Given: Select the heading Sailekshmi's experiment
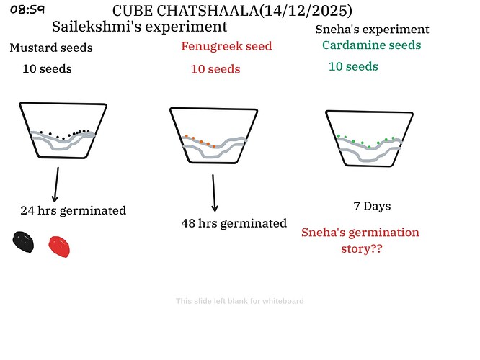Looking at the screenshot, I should [x=139, y=27].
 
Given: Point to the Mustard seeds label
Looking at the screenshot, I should [x=51, y=48].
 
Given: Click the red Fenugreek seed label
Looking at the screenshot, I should [x=226, y=47].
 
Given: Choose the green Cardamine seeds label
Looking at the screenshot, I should [x=371, y=45].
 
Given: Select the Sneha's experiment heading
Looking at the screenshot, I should [x=373, y=30].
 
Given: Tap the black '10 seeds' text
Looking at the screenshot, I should [x=48, y=69].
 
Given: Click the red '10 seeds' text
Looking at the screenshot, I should [x=215, y=69].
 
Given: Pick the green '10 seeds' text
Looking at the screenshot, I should [x=353, y=66].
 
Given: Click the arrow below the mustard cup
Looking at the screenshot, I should [x=55, y=185].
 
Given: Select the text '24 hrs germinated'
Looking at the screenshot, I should [x=73, y=211].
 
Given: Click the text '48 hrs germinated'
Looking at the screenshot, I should [x=234, y=223].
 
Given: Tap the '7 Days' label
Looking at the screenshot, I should [x=372, y=207].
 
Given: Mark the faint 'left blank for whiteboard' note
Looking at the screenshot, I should [x=240, y=301].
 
